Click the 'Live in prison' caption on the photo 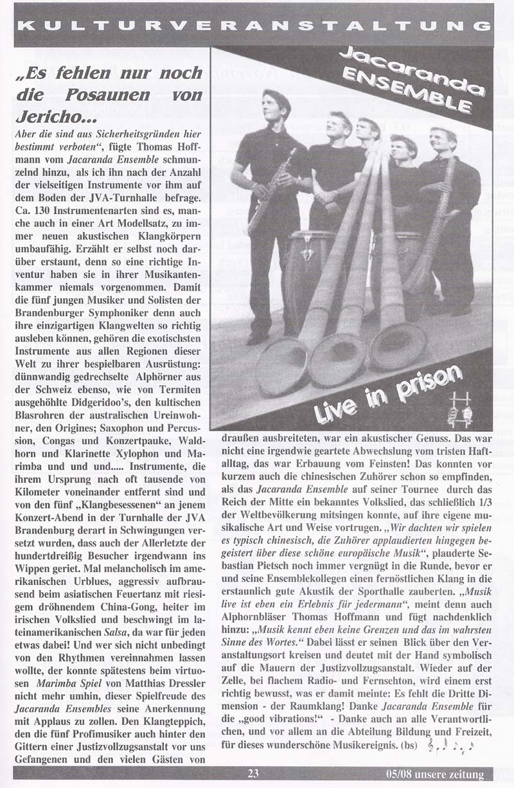tap(387, 393)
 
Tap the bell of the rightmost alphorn tap(398, 346)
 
